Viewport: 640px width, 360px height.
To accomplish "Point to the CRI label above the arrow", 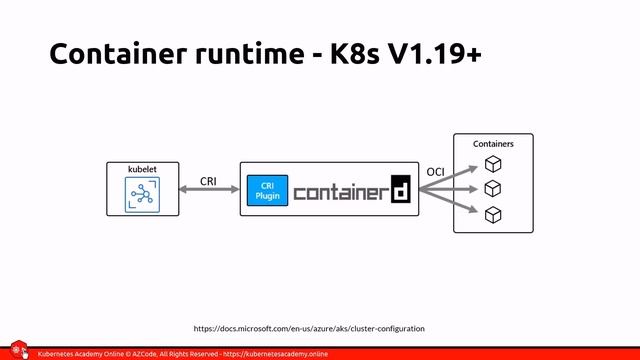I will [208, 181].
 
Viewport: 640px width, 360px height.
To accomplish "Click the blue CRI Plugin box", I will [267, 191].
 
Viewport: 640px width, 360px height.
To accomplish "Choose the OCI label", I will [435, 172].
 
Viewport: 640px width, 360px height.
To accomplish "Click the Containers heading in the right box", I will [493, 144].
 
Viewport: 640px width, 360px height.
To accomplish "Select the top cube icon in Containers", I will [492, 164].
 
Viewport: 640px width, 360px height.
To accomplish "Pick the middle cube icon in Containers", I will [492, 189].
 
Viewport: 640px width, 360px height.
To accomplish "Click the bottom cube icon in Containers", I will [492, 214].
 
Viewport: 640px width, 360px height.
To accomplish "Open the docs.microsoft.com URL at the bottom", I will [308, 328].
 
